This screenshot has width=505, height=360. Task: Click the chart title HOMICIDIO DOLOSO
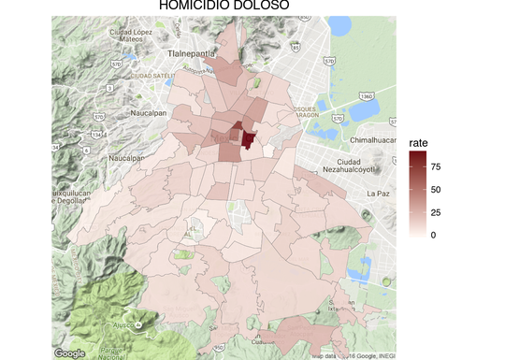tap(224, 7)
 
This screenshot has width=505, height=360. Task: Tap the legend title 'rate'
tap(418, 142)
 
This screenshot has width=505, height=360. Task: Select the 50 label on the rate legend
tap(435, 190)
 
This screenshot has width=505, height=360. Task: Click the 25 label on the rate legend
tap(435, 212)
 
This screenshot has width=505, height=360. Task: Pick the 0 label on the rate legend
tap(432, 236)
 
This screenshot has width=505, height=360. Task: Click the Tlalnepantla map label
tap(192, 54)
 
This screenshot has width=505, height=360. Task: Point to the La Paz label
tap(378, 193)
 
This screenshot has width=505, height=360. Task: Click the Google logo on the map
tap(70, 353)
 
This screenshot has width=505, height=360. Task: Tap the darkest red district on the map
tap(249, 139)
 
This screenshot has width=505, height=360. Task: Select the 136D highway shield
tap(367, 95)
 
